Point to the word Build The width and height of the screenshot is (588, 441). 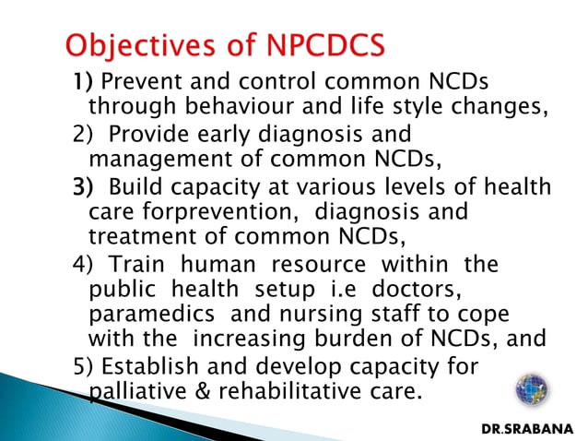click(x=133, y=188)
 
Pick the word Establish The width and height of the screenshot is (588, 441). click(x=147, y=366)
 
